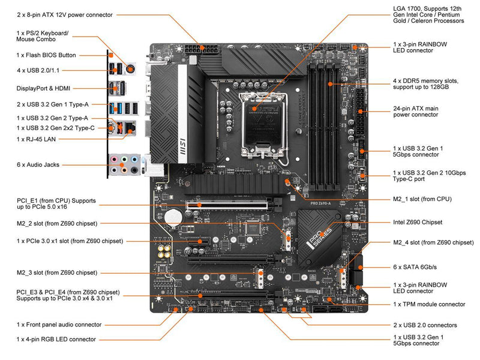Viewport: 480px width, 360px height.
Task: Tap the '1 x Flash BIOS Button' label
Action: tap(46, 55)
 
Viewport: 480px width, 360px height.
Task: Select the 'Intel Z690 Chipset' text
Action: tap(418, 222)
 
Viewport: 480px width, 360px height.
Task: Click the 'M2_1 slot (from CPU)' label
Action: tap(422, 199)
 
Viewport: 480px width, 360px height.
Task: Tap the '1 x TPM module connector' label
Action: tap(429, 304)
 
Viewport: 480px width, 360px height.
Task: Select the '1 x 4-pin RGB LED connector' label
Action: tap(56, 339)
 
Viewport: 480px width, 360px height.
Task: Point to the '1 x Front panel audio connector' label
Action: tap(59, 324)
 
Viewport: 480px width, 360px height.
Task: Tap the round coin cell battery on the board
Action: tap(174, 214)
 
